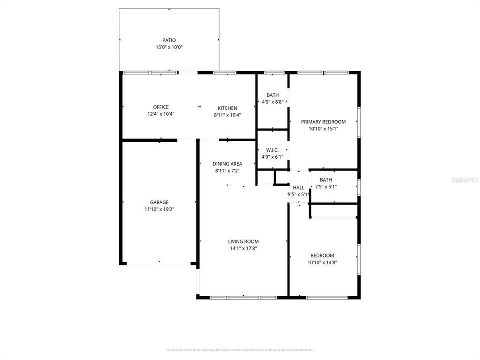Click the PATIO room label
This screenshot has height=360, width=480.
point(169,40)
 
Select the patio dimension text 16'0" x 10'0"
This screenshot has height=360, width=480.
point(169,47)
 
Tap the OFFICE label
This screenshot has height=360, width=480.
point(161,107)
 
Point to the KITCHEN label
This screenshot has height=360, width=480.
point(227,108)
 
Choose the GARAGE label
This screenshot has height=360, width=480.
point(160,202)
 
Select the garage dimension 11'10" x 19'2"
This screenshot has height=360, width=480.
point(160,209)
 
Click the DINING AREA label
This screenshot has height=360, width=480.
point(227,164)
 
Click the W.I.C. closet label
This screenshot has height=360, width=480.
point(272,150)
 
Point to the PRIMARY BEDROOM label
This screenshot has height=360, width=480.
point(323,122)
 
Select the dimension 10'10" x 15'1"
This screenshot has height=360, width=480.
point(323,128)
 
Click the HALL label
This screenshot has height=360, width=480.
point(298,188)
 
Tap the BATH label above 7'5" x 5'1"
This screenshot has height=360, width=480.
point(326,180)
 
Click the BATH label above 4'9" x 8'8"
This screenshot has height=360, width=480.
point(272,95)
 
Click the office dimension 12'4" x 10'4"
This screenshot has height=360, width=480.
point(161,114)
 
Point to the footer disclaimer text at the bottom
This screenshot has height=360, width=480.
point(240,350)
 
